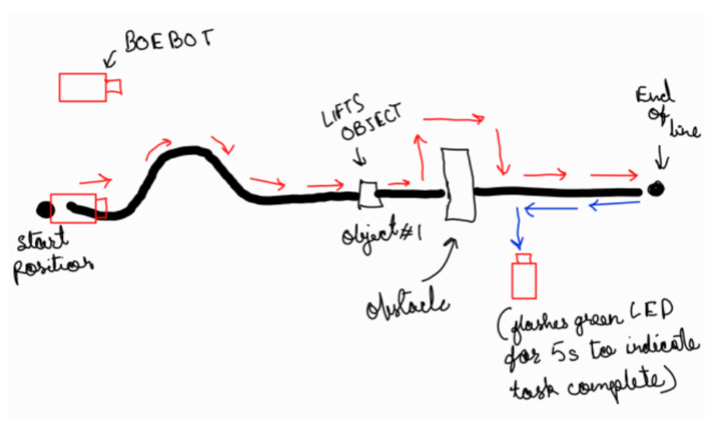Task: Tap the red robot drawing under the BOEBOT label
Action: coord(88,87)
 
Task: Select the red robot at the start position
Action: coord(76,208)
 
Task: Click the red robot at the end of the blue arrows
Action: coord(524,278)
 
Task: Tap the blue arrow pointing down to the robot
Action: coord(519,228)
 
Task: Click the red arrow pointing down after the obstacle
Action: coord(500,151)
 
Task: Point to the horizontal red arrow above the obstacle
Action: coord(453,118)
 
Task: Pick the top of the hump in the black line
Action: coord(187,151)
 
